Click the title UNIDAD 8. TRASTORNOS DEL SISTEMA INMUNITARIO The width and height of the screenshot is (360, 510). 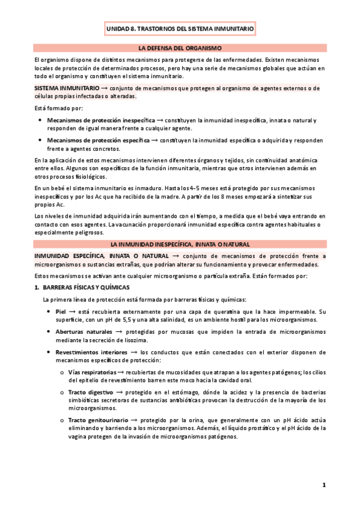click(x=180, y=28)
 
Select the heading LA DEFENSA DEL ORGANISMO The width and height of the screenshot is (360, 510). click(x=180, y=48)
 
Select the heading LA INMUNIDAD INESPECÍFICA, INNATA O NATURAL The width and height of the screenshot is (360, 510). click(x=180, y=244)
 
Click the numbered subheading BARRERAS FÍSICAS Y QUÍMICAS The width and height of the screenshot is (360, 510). click(x=87, y=288)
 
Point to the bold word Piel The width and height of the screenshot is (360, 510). click(x=60, y=312)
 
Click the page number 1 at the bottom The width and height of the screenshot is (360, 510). click(x=323, y=485)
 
